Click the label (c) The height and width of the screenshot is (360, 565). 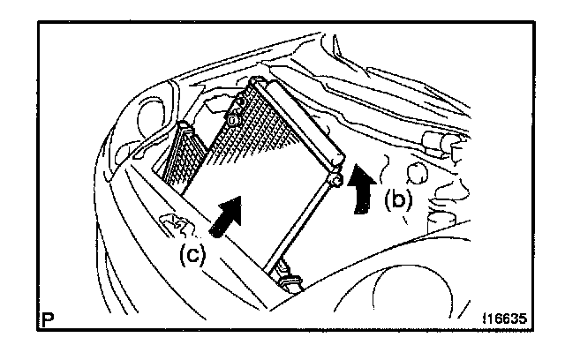(x=192, y=255)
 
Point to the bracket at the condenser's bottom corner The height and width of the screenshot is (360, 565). (x=287, y=281)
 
